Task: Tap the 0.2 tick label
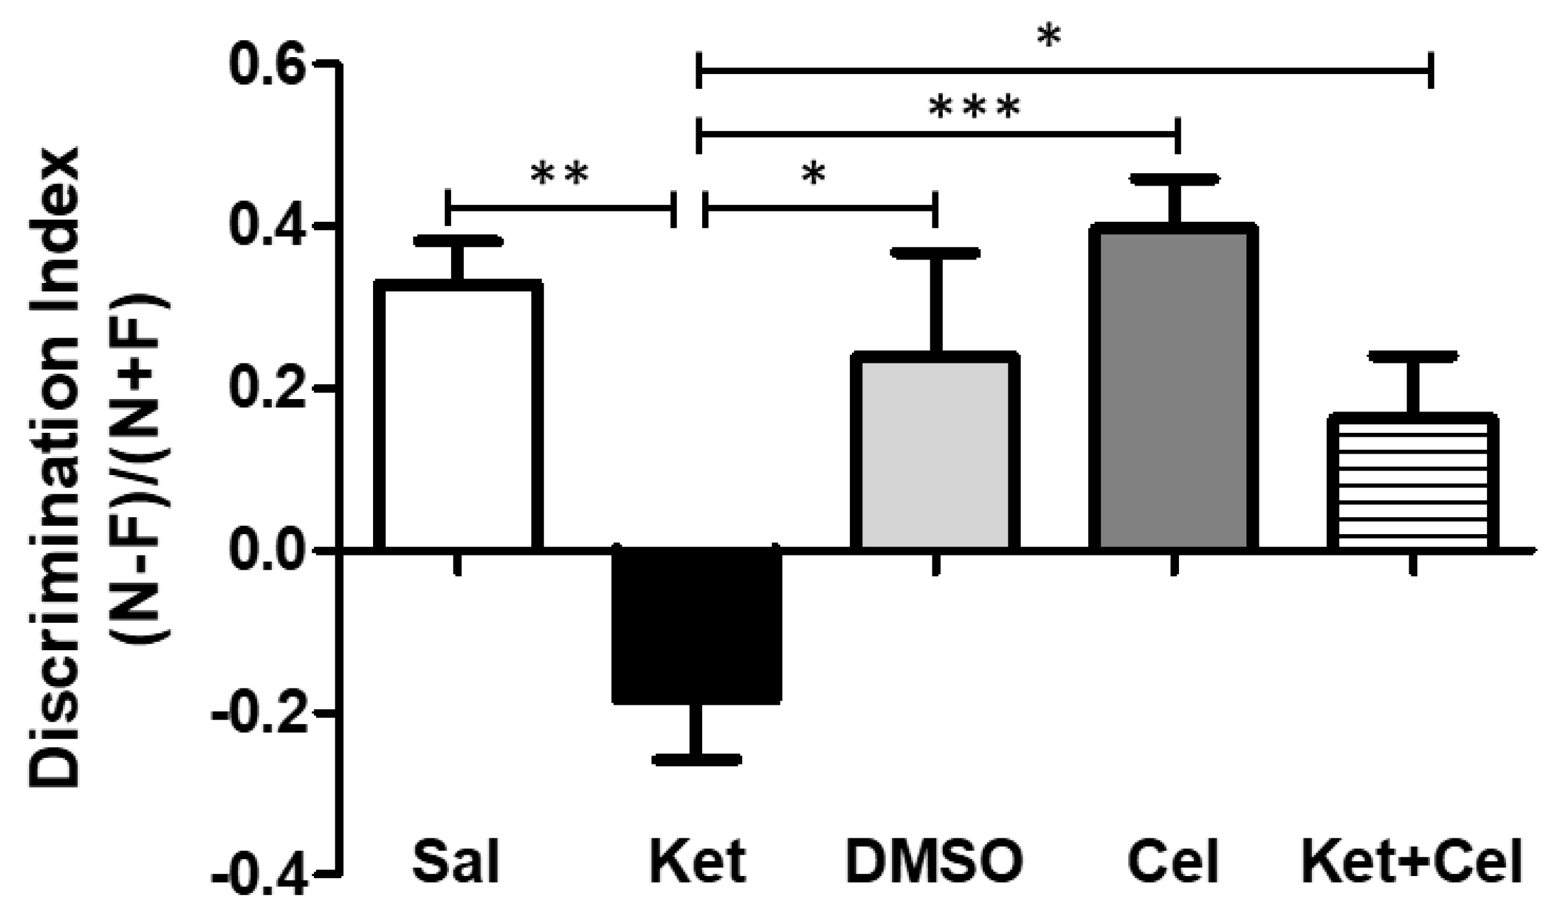(268, 389)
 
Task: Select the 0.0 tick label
(268, 551)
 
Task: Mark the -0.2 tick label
(260, 713)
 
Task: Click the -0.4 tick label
(260, 875)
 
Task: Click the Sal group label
(457, 862)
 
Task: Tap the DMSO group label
(934, 862)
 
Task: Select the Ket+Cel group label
(1412, 862)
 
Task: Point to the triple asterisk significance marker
(974, 108)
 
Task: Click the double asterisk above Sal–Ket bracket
(559, 174)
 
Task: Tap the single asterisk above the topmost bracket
(1049, 38)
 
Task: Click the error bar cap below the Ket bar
(697, 759)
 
